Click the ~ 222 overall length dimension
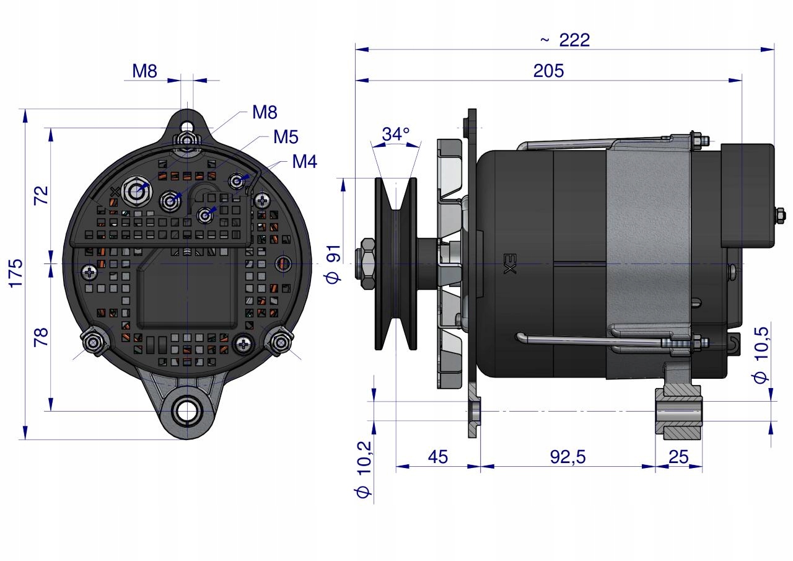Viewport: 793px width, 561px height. pyautogui.click(x=564, y=40)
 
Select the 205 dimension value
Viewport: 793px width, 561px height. pyautogui.click(x=548, y=71)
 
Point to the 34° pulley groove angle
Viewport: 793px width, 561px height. pyautogui.click(x=395, y=135)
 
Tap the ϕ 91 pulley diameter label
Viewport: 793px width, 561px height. pyautogui.click(x=333, y=264)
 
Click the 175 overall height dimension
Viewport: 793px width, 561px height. pyautogui.click(x=15, y=273)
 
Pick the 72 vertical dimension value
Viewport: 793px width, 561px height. pyautogui.click(x=41, y=195)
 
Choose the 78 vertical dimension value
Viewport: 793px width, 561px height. pyautogui.click(x=41, y=337)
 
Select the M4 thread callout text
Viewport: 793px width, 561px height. pyautogui.click(x=304, y=162)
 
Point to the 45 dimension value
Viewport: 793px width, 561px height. pyautogui.click(x=437, y=457)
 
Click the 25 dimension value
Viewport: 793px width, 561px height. pyautogui.click(x=679, y=457)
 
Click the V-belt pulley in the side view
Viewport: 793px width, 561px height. pyautogui.click(x=396, y=264)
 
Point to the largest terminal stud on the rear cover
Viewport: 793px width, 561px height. pyautogui.click(x=134, y=192)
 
